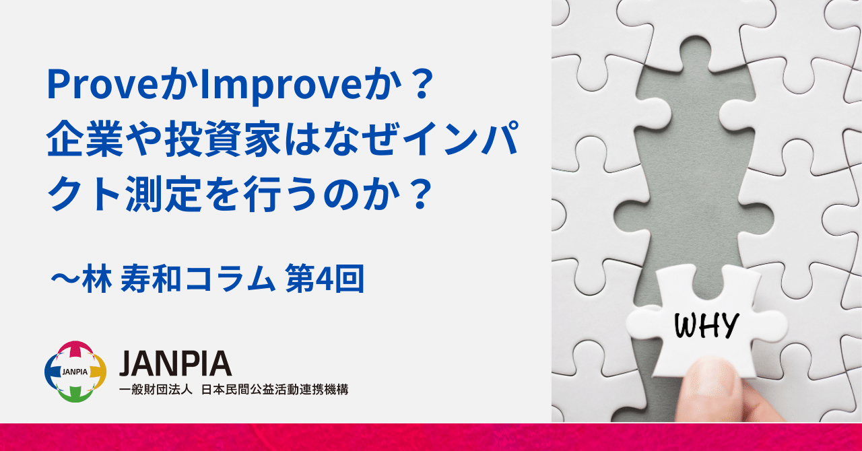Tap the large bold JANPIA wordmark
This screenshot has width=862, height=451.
pyautogui.click(x=176, y=363)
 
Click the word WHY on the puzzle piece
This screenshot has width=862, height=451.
pyautogui.click(x=706, y=326)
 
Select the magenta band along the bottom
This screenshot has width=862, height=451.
pyautogui.click(x=431, y=438)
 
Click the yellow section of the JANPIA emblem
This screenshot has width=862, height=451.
pyautogui.click(x=98, y=372)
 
